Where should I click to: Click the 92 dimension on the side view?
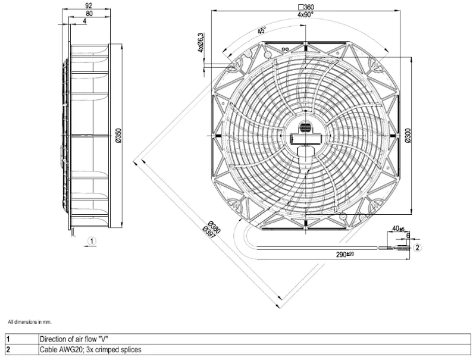(89, 5)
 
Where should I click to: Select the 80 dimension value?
(89, 13)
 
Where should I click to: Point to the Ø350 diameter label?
(118, 136)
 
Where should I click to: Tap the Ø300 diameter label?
(408, 136)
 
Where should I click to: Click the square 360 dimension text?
(306, 7)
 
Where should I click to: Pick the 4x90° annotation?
(305, 14)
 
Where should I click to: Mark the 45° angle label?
(262, 30)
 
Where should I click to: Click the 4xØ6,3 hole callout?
(201, 43)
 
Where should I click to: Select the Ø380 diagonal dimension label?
(214, 227)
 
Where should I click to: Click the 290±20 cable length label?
(345, 254)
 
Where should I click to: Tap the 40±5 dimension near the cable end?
(398, 228)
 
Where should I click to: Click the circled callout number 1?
(92, 242)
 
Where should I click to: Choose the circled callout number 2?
(418, 248)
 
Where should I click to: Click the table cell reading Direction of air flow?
(74, 339)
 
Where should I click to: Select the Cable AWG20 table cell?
(90, 350)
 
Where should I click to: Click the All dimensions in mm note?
(30, 322)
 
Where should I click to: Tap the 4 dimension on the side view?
(84, 21)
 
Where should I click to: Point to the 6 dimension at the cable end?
(408, 236)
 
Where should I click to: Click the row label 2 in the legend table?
(8, 350)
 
